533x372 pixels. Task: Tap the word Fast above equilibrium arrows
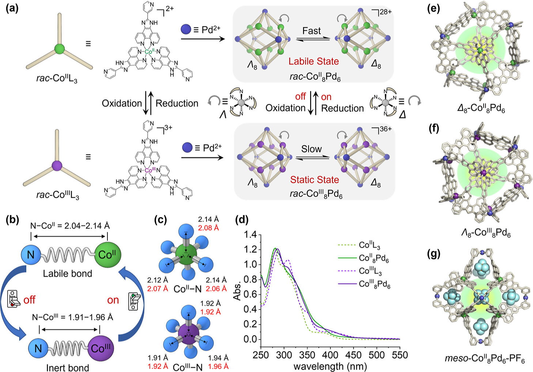coord(311,31)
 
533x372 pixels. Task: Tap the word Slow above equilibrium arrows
coord(311,149)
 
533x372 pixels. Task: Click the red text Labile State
coord(314,61)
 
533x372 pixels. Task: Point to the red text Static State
coord(314,180)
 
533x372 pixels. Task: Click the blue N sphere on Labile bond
coord(31,254)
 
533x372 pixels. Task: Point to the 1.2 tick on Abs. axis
coord(250,250)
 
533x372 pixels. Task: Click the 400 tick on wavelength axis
coord(330,355)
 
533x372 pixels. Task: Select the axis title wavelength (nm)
coord(330,366)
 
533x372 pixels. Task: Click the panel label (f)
coord(434,129)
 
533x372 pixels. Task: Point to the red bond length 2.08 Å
coord(208,228)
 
